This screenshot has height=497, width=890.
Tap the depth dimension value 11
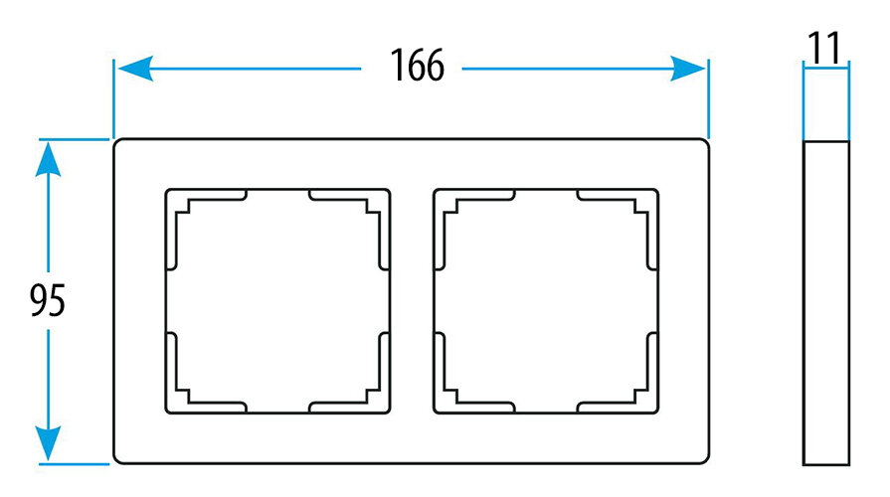click(824, 47)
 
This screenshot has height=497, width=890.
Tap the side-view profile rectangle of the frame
click(826, 302)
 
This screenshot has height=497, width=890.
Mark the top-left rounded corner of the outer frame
click(118, 145)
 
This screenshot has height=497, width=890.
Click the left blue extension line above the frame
click(113, 99)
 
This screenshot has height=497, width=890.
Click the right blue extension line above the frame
click(708, 99)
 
